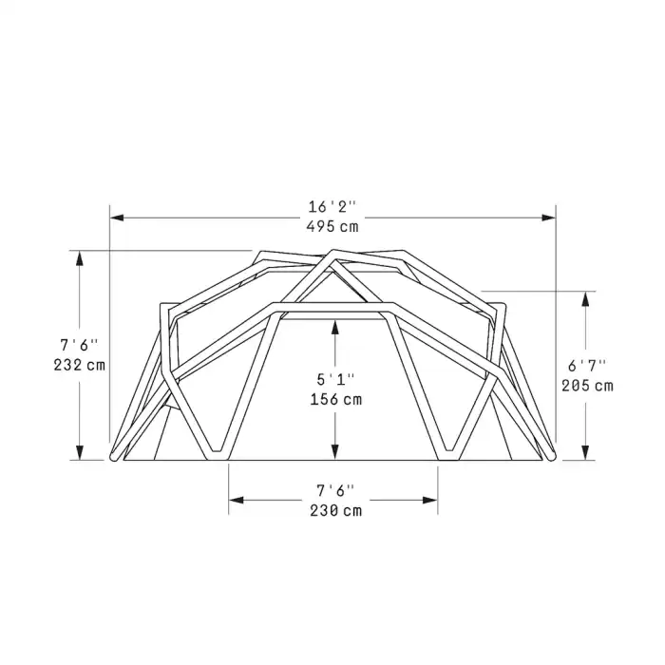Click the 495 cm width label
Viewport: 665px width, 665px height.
pyautogui.click(x=332, y=226)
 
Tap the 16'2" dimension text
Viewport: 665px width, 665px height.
pyautogui.click(x=332, y=206)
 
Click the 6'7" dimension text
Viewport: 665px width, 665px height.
pyautogui.click(x=588, y=365)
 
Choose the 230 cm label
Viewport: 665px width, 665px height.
pyautogui.click(x=335, y=509)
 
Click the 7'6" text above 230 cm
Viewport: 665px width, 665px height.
pyautogui.click(x=335, y=489)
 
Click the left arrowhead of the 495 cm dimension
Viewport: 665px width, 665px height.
pyautogui.click(x=116, y=218)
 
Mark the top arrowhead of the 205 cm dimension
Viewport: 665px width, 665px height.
pyautogui.click(x=586, y=297)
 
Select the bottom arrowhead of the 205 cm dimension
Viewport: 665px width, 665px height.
pyautogui.click(x=586, y=453)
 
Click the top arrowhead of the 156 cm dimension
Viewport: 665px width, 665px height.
pyautogui.click(x=335, y=326)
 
